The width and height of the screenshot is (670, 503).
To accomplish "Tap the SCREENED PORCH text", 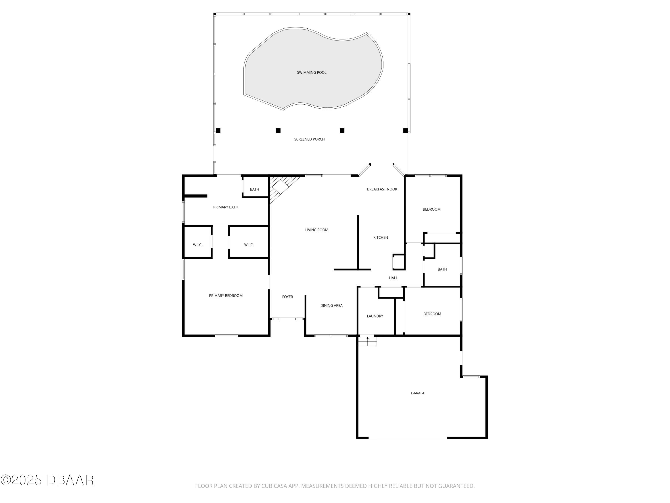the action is (309, 139).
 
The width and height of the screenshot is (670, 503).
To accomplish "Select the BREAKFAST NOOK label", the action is (382, 189).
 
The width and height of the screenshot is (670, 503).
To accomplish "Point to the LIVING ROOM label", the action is (316, 230).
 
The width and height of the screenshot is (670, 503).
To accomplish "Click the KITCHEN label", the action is (380, 237).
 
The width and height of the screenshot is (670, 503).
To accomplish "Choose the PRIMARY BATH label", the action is (226, 207).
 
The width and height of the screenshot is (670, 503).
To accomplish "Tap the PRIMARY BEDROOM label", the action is (226, 296).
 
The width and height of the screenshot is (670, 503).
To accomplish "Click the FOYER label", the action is (287, 297).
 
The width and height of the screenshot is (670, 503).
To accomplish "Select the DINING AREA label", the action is (331, 305).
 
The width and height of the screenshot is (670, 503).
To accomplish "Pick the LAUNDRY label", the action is (375, 316).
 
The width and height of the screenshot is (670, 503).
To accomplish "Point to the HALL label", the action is (393, 278).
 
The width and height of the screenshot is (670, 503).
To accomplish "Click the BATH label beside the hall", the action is (442, 269).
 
